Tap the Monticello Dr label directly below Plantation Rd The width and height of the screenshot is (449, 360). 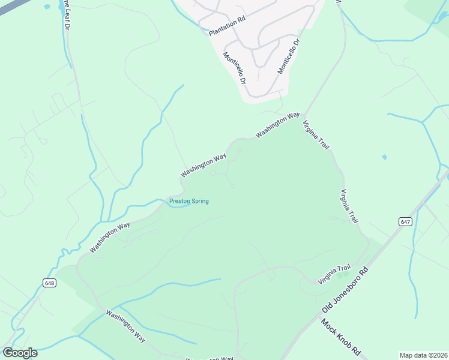point(235,68)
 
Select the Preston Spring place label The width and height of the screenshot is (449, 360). point(189,202)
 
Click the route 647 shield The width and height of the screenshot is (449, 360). point(405,221)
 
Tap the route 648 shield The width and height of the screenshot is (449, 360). point(50,283)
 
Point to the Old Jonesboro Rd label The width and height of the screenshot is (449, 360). point(345,290)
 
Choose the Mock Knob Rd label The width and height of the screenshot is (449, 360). point(340,337)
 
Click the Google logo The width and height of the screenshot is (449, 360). point(20,353)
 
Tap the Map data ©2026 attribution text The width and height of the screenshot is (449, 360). point(423,355)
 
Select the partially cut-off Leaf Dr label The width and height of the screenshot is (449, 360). point(66,14)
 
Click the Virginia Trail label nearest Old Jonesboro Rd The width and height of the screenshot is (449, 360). point(334,275)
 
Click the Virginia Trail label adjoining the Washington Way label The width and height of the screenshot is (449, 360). point(316,135)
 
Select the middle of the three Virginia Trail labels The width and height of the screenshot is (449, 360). point(349,206)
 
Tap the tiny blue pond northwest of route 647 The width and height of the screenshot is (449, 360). point(384,157)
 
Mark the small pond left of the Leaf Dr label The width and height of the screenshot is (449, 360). point(47,8)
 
